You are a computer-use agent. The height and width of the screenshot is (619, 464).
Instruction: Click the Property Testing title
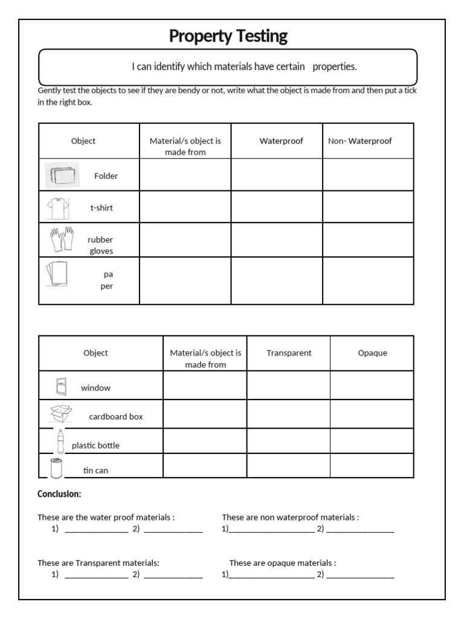(228, 36)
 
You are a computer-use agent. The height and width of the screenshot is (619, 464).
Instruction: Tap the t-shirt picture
(59, 207)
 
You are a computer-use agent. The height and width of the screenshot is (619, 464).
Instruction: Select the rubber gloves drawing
(61, 240)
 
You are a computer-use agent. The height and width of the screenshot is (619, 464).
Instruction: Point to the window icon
(61, 385)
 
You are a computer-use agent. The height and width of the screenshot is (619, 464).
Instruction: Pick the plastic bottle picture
(60, 441)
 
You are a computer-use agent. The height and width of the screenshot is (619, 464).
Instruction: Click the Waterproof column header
(281, 141)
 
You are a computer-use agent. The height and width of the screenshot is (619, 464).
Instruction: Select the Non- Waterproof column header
(359, 141)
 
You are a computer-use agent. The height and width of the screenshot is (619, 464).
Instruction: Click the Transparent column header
(289, 353)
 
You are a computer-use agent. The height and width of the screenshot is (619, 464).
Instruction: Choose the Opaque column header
(372, 353)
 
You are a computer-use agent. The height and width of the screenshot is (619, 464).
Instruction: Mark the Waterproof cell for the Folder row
(276, 175)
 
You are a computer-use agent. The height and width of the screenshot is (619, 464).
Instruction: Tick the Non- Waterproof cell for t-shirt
(368, 207)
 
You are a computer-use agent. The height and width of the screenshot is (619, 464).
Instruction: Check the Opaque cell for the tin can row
(372, 465)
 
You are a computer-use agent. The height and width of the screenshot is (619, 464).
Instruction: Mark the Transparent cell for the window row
(288, 385)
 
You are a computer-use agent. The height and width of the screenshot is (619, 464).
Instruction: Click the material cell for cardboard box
(205, 414)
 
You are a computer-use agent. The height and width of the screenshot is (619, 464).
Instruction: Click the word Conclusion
(59, 494)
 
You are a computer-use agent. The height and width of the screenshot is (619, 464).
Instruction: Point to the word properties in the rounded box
(335, 66)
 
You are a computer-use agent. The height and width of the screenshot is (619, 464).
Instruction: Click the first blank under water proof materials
(96, 529)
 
